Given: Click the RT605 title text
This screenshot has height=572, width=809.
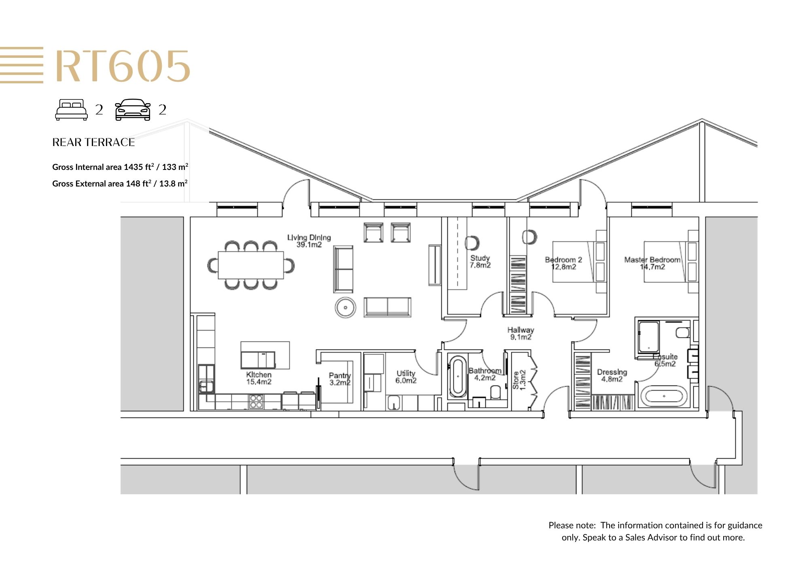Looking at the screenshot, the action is click(123, 66).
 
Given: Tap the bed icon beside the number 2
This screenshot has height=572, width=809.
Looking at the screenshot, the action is click(71, 110).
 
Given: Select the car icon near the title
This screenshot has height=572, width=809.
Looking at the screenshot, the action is click(133, 110).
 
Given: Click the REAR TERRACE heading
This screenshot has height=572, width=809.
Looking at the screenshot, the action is click(93, 142).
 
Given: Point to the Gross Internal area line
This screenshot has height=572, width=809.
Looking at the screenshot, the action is click(120, 167).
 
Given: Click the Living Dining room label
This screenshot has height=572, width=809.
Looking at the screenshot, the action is click(309, 241).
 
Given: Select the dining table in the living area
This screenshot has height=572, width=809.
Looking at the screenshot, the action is click(251, 265).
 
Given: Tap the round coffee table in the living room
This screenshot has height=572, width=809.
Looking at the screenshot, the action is click(345, 307).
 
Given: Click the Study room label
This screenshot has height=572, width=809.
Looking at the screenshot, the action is click(480, 261).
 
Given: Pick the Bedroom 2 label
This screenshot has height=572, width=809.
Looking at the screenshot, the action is click(563, 263).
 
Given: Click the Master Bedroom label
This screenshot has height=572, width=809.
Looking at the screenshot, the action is click(652, 263).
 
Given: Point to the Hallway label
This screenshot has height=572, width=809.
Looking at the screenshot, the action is click(521, 333).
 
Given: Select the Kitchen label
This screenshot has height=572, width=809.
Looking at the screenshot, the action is click(259, 378).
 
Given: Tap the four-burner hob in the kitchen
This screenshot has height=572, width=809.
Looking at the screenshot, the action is click(256, 401).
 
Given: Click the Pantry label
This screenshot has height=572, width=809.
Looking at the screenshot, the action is click(340, 379).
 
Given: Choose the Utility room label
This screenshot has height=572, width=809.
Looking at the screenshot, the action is click(406, 377).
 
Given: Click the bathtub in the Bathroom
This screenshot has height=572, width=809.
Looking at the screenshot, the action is click(458, 377).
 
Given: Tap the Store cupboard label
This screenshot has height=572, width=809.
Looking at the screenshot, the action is click(519, 380).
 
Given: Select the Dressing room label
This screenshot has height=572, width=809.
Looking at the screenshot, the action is click(612, 375).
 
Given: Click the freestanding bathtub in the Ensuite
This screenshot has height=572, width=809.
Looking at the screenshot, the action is click(664, 396).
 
